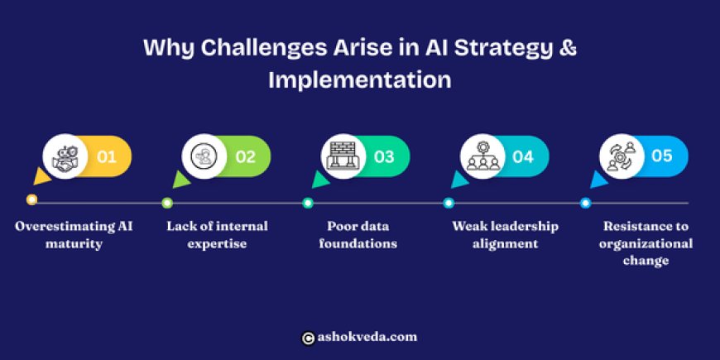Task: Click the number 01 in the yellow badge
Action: pyautogui.click(x=107, y=156)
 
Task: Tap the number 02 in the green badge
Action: pyautogui.click(x=245, y=156)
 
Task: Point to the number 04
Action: pyautogui.click(x=523, y=156)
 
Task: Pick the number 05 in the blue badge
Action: pyautogui.click(x=662, y=156)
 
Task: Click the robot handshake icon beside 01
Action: pyautogui.click(x=64, y=156)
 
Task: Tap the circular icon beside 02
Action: pyautogui.click(x=203, y=156)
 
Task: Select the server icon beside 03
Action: pyautogui.click(x=342, y=156)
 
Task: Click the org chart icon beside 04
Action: pyautogui.click(x=481, y=156)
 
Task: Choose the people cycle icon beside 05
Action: pyautogui.click(x=620, y=156)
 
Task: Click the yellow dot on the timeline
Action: pyautogui.click(x=31, y=200)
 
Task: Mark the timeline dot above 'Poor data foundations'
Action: pyautogui.click(x=308, y=203)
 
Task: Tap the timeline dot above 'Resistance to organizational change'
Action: pyautogui.click(x=585, y=203)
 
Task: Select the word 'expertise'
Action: pyautogui.click(x=217, y=244)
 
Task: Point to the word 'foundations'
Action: pyautogui.click(x=358, y=244)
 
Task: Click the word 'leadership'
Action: pyautogui.click(x=521, y=226)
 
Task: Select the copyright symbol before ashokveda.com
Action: pyautogui.click(x=308, y=338)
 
